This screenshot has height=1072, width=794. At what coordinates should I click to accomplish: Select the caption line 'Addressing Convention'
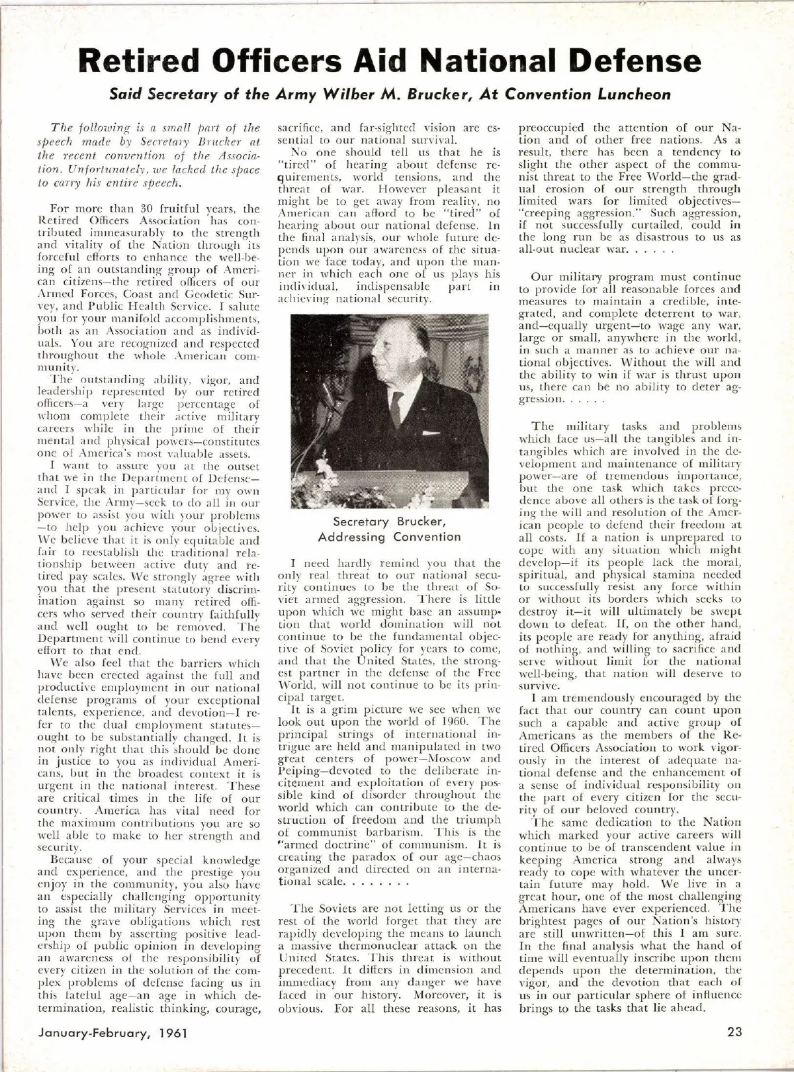pos(389,537)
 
